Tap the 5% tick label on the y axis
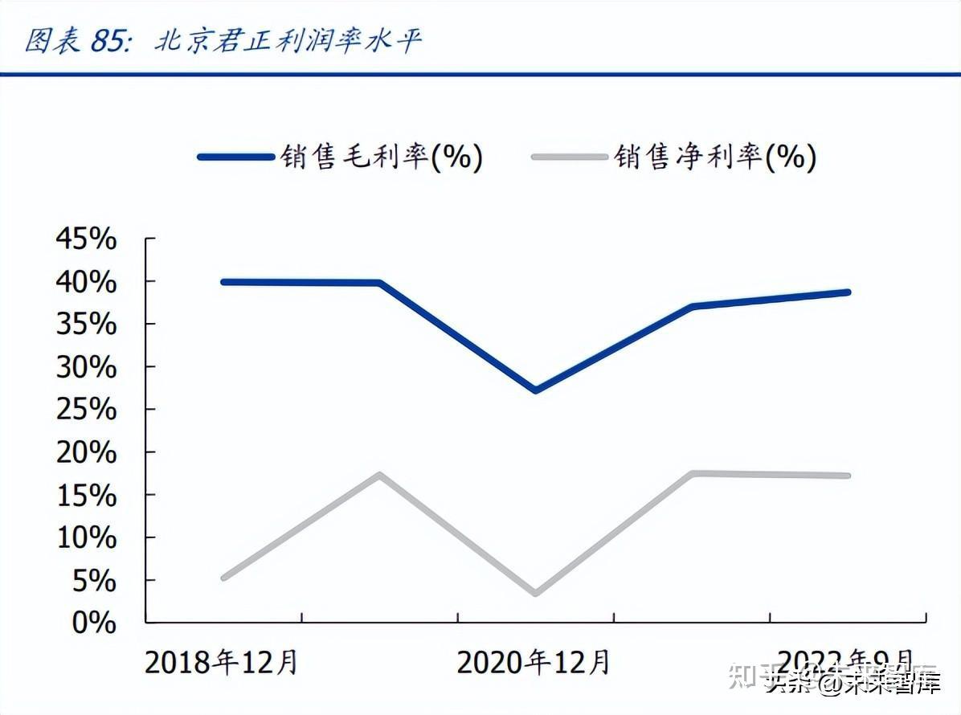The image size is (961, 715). pos(95,580)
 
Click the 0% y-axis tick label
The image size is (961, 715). pos(95,622)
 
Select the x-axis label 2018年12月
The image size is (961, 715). pos(221,663)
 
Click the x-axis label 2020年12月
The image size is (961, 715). pos(534,663)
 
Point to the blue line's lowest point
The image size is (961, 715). pos(536,390)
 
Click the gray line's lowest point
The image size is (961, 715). pos(536,594)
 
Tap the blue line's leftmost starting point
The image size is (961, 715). pos(223,282)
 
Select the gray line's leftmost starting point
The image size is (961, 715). pos(223,578)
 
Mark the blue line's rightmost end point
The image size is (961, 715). pos(848,292)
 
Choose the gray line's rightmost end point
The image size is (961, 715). pos(848,476)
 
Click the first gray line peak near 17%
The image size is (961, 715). pos(379,474)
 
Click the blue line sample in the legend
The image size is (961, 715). pos(235,157)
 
